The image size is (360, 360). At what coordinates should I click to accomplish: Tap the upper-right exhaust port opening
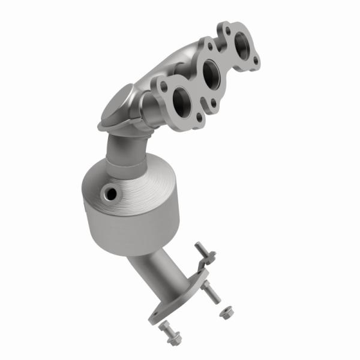[x=243, y=44]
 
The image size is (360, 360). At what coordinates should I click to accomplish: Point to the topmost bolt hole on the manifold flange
[x=223, y=26]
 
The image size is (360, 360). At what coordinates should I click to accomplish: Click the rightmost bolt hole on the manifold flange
[x=256, y=61]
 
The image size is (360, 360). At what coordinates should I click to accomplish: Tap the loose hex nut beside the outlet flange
[x=227, y=312]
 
